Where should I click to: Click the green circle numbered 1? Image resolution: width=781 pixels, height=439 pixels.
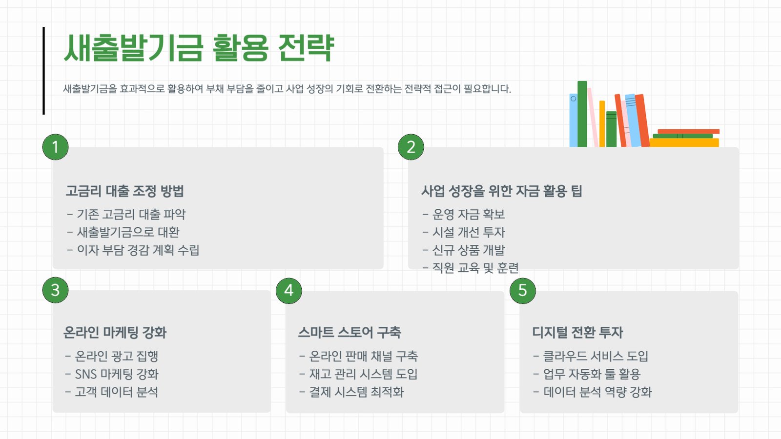pyautogui.click(x=56, y=147)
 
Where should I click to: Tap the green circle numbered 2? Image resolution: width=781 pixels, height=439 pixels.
pyautogui.click(x=411, y=147)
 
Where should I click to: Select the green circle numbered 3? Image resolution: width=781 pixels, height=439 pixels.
pyautogui.click(x=56, y=290)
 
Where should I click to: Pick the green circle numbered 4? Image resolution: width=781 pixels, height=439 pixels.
pyautogui.click(x=289, y=291)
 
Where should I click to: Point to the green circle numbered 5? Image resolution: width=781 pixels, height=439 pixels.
pyautogui.click(x=523, y=291)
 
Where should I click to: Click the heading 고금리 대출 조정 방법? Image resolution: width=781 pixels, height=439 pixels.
pyautogui.click(x=125, y=191)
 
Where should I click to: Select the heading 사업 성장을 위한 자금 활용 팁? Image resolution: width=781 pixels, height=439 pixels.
pyautogui.click(x=502, y=191)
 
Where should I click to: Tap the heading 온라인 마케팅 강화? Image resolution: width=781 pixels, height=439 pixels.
pyautogui.click(x=115, y=332)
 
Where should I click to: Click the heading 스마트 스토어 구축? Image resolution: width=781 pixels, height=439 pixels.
pyautogui.click(x=349, y=332)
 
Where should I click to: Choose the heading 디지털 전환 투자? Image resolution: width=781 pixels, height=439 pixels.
pyautogui.click(x=578, y=332)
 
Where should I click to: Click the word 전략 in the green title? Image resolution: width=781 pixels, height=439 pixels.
pyautogui.click(x=306, y=48)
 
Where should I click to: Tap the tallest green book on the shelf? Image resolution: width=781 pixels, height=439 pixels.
pyautogui.click(x=582, y=114)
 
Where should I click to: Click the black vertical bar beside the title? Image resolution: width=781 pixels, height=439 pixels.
pyautogui.click(x=43, y=71)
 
